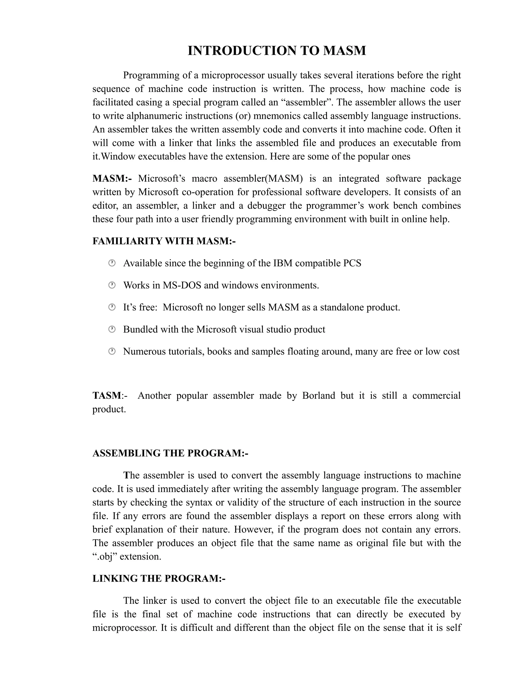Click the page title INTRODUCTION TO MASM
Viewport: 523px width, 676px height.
point(277,51)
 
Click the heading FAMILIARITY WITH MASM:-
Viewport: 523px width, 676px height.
point(164,241)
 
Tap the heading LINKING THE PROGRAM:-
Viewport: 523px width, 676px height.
point(159,578)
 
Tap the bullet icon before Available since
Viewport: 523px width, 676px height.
point(112,263)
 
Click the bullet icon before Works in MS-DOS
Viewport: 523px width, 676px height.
point(112,285)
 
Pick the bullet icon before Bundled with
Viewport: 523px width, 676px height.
point(112,329)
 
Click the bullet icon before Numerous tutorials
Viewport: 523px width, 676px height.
point(112,351)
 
